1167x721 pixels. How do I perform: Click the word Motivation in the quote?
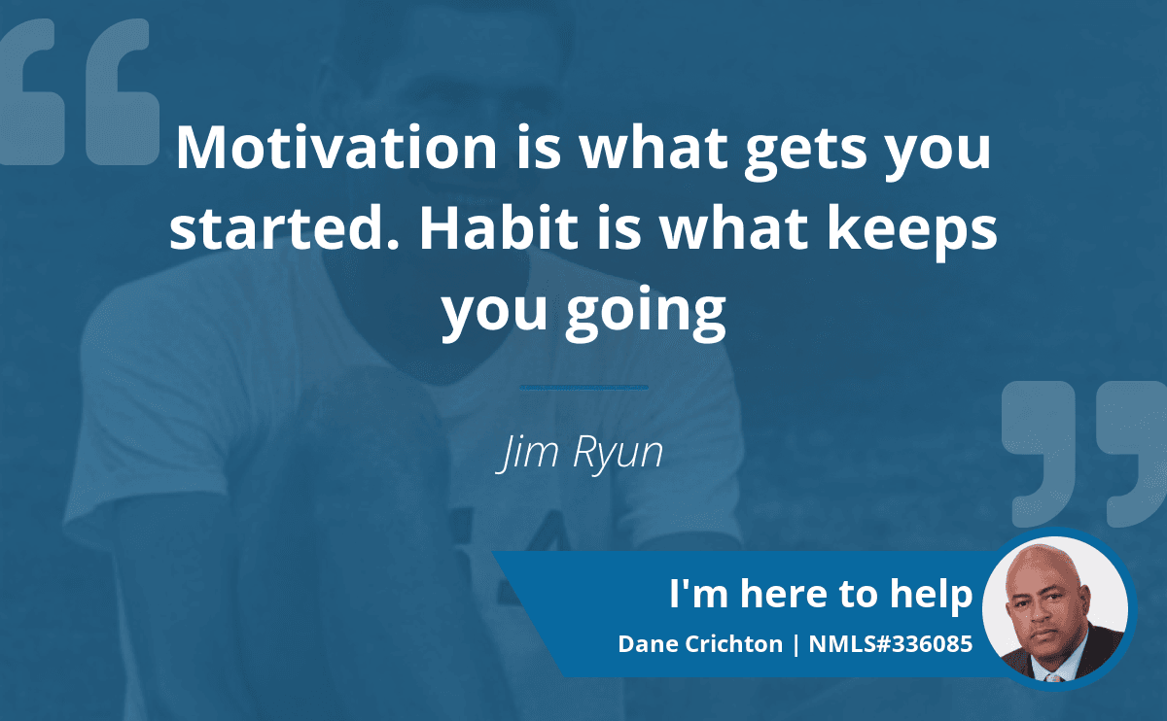point(336,148)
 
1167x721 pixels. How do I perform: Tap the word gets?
point(806,151)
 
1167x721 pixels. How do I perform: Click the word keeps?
point(912,231)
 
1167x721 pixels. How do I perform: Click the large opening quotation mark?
point(80,92)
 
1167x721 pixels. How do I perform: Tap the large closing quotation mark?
point(1084,454)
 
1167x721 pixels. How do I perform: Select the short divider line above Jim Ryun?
point(584,388)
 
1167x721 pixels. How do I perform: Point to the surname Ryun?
point(618,454)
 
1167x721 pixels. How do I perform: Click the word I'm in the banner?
point(698,593)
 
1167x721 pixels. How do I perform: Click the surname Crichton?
point(733,644)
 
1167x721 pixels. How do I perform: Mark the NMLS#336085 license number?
point(891,644)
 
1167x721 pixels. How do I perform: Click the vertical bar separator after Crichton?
point(796,645)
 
